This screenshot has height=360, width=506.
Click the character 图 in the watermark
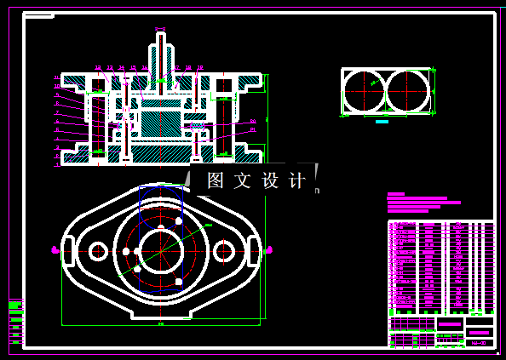216,180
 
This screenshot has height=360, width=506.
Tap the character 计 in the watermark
297,180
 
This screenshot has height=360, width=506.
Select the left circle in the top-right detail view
365,91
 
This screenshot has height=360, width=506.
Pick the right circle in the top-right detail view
406,91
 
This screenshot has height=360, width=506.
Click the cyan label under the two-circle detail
382,122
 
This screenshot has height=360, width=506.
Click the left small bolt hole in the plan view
98,251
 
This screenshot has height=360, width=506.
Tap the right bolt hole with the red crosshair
224,251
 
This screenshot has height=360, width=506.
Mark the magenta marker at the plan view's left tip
56,249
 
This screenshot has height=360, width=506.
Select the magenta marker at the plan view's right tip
269,249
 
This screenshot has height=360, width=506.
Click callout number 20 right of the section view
253,122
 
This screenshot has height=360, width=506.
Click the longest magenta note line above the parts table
423,203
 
